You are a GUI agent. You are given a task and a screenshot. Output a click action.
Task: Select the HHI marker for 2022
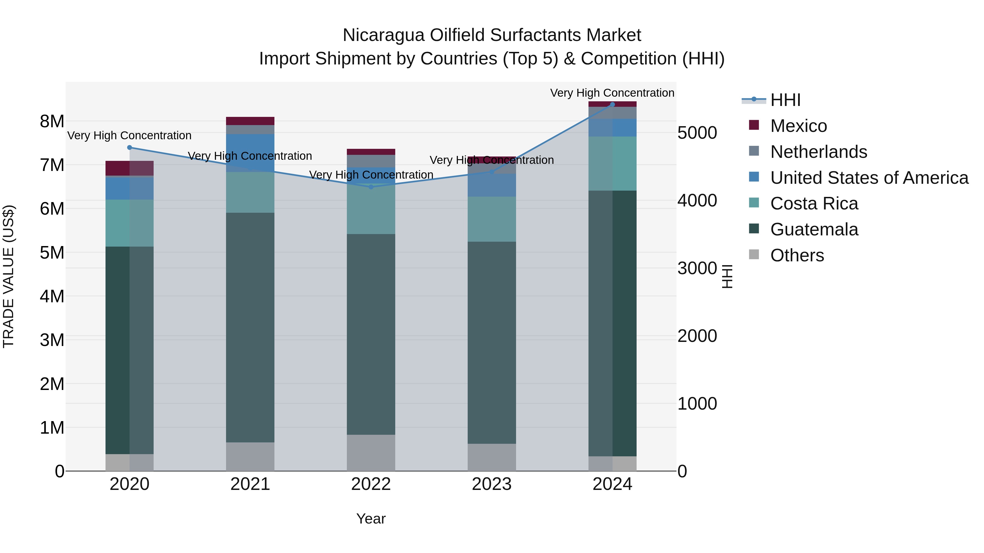pyautogui.click(x=371, y=187)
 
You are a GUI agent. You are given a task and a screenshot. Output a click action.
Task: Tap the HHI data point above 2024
pyautogui.click(x=612, y=104)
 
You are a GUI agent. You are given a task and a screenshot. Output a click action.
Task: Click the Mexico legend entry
pyautogui.click(x=798, y=126)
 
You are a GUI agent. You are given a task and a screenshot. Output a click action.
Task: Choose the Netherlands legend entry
pyautogui.click(x=818, y=152)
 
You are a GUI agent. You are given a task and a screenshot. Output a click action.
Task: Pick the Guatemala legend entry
pyautogui.click(x=814, y=229)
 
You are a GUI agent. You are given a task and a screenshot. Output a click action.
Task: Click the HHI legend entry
pyautogui.click(x=785, y=100)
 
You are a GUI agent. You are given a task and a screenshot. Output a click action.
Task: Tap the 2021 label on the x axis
pyautogui.click(x=250, y=484)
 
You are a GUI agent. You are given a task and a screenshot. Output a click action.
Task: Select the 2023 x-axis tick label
pyautogui.click(x=492, y=484)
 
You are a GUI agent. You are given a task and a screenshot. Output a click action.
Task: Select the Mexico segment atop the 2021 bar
pyautogui.click(x=250, y=121)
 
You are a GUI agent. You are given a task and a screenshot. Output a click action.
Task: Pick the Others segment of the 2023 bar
pyautogui.click(x=492, y=457)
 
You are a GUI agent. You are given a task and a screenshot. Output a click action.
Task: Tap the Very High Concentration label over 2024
pyautogui.click(x=612, y=93)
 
